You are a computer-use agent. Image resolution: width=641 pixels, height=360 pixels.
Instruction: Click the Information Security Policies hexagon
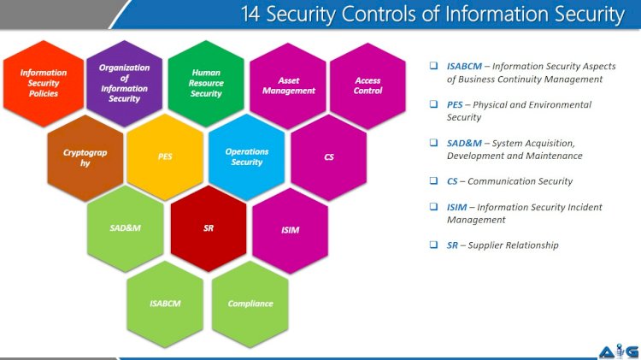click(44, 84)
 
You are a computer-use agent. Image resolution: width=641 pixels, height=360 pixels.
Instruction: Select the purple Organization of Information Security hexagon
click(125, 83)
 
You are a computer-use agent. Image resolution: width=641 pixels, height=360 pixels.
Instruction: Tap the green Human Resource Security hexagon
click(206, 83)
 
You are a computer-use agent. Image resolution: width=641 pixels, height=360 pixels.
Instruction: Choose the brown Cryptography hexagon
click(85, 157)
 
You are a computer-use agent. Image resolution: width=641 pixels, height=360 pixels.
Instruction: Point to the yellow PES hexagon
click(165, 157)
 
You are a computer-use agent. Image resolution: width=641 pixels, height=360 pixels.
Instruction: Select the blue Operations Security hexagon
click(247, 156)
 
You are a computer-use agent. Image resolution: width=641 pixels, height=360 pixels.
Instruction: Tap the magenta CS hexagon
click(329, 157)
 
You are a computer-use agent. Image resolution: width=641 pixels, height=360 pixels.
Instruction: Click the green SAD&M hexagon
click(125, 229)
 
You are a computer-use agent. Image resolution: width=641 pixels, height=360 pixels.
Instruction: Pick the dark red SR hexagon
click(208, 229)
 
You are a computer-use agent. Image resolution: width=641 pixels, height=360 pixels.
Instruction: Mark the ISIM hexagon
click(290, 230)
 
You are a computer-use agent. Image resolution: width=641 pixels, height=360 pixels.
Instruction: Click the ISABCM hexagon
click(165, 304)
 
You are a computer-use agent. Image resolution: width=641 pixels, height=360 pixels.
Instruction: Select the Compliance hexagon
click(250, 304)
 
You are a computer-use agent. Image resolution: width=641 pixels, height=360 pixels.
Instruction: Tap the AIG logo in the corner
click(615, 350)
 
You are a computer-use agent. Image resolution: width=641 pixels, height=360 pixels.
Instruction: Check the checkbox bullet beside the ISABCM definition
click(434, 66)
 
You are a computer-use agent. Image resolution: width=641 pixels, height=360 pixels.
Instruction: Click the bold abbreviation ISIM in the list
click(457, 207)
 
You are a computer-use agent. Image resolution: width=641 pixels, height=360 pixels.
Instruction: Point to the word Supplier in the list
click(491, 245)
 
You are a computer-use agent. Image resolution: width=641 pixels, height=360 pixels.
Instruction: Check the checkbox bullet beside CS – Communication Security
click(434, 181)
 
